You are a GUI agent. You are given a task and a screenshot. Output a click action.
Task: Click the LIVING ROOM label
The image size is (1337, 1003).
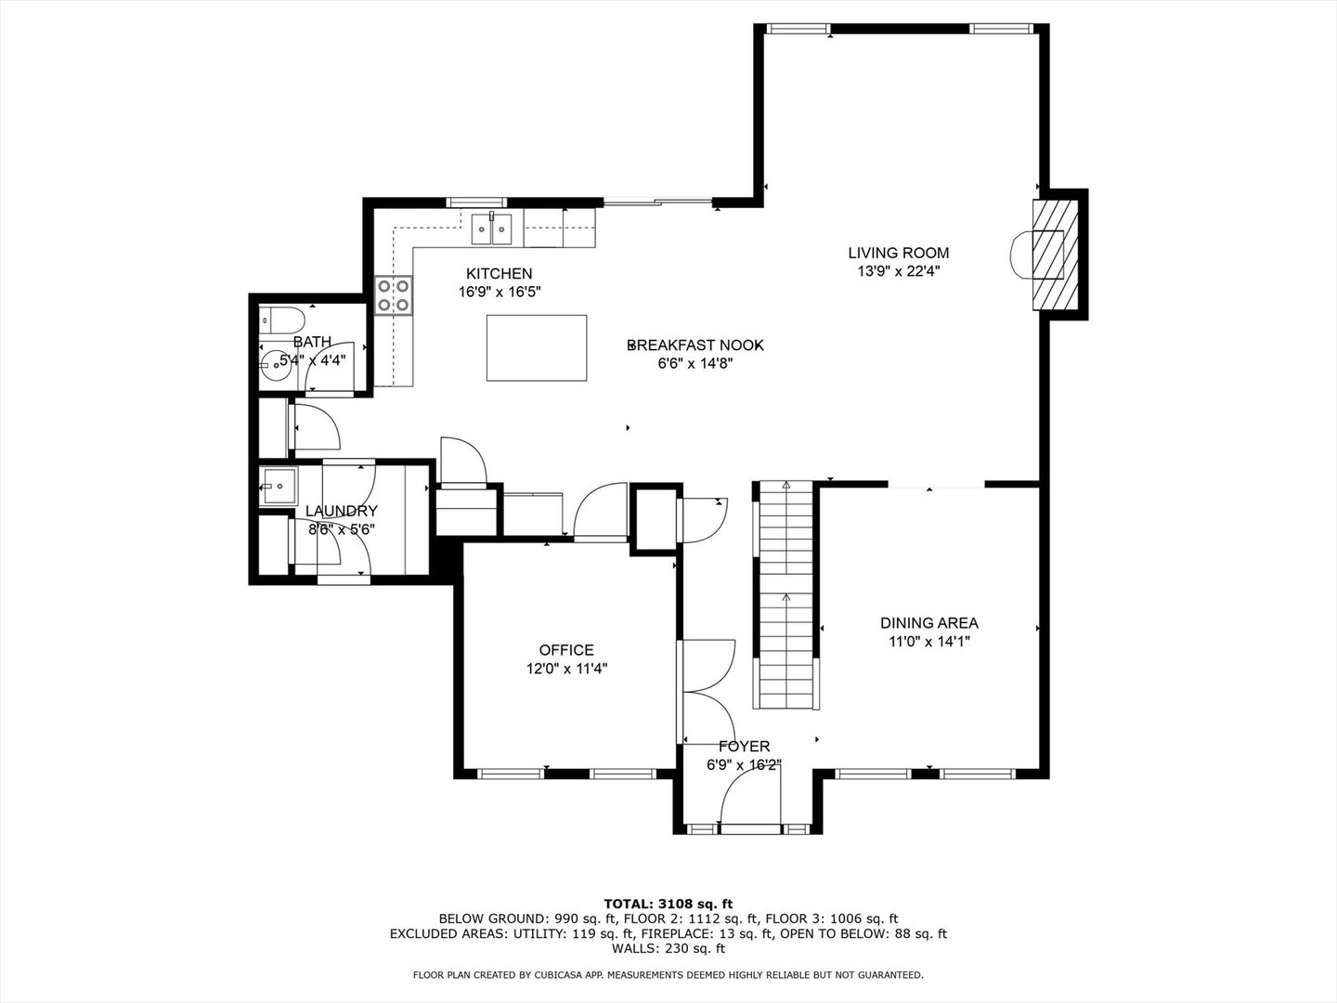(898, 253)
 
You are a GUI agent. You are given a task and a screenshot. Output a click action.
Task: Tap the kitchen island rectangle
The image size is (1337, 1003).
(537, 347)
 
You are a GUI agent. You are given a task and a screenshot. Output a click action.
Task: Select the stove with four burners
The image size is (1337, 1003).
(394, 295)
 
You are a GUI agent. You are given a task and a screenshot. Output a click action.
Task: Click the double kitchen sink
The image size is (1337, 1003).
(492, 228)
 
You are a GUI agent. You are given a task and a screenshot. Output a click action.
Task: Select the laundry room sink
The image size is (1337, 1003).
(278, 485)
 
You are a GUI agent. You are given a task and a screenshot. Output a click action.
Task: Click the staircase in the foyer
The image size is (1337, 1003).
(786, 596)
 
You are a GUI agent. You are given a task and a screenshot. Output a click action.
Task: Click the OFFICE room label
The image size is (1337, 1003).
(566, 650)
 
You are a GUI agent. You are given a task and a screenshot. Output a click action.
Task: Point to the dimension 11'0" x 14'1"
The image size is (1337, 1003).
(929, 641)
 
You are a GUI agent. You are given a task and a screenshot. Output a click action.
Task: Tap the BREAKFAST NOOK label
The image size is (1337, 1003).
(695, 345)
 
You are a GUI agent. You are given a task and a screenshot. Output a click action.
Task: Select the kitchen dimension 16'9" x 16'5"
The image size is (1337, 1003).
(500, 291)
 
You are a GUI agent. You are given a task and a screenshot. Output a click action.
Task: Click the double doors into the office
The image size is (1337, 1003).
(706, 692)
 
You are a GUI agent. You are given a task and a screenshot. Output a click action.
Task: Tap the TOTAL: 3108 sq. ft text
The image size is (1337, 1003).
(668, 903)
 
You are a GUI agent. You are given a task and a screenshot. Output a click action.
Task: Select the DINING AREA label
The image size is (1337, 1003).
(929, 624)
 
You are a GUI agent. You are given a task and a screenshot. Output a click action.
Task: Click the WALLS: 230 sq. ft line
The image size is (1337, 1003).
(668, 948)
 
